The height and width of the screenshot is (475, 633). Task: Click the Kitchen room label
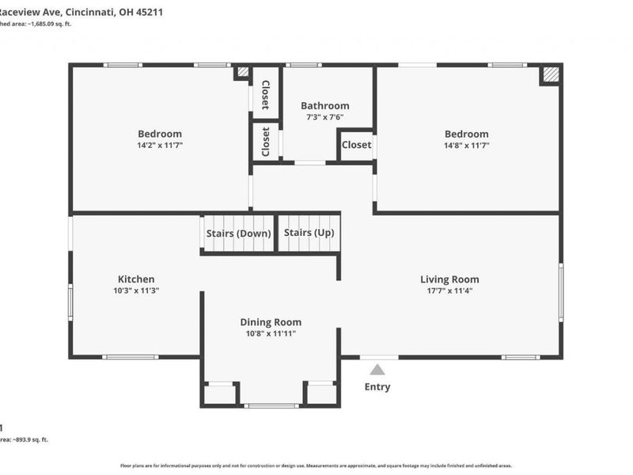pyautogui.click(x=136, y=279)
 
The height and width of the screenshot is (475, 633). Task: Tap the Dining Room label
pyautogui.click(x=271, y=321)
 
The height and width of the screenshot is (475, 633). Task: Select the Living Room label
pyautogui.click(x=449, y=279)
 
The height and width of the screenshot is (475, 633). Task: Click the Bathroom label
pyautogui.click(x=324, y=105)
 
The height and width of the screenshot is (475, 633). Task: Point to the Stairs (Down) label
pyautogui.click(x=238, y=234)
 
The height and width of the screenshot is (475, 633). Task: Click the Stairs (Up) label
pyautogui.click(x=309, y=233)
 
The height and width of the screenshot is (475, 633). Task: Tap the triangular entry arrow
pyautogui.click(x=377, y=369)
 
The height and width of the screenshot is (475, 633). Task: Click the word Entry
pyautogui.click(x=377, y=387)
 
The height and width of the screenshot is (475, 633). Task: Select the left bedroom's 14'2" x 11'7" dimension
pyautogui.click(x=160, y=146)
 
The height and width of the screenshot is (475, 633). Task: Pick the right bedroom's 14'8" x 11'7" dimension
pyautogui.click(x=466, y=146)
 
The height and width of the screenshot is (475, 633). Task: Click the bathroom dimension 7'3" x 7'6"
pyautogui.click(x=324, y=117)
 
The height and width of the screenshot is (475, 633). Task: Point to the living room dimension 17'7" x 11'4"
pyautogui.click(x=449, y=291)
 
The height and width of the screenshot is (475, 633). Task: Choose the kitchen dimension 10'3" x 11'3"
pyautogui.click(x=136, y=291)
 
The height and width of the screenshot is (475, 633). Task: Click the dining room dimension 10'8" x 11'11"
pyautogui.click(x=271, y=333)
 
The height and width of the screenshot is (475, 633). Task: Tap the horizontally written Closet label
pyautogui.click(x=356, y=145)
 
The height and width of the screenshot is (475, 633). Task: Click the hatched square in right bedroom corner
pyautogui.click(x=551, y=74)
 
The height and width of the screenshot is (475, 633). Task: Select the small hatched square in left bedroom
pyautogui.click(x=242, y=72)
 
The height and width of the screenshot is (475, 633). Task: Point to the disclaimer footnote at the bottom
pyautogui.click(x=316, y=465)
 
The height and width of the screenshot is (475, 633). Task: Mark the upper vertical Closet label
pyautogui.click(x=266, y=96)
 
